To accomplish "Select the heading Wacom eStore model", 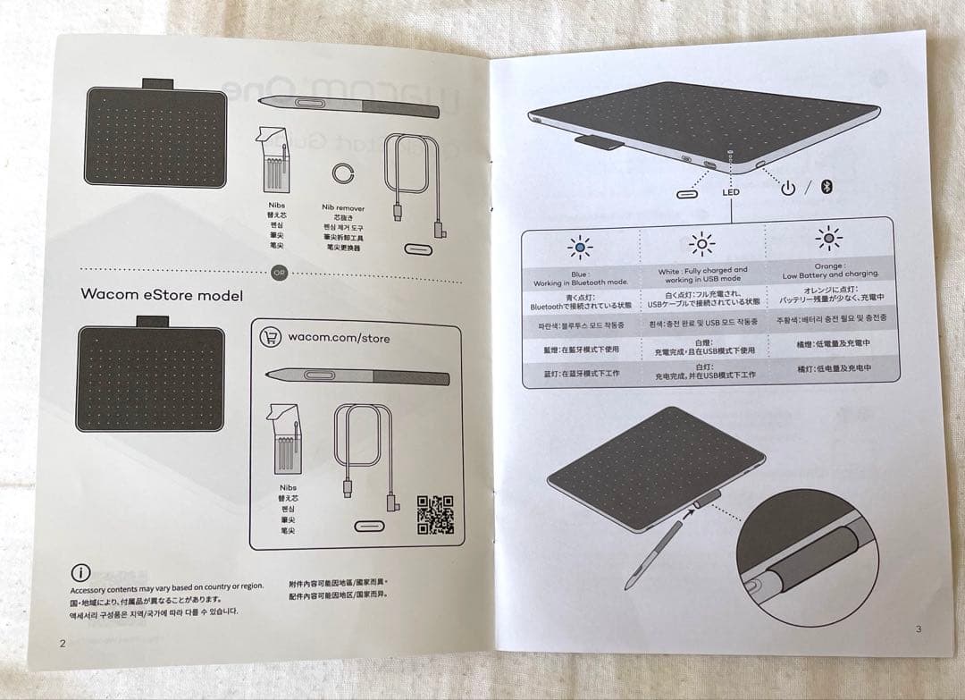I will coord(162,294).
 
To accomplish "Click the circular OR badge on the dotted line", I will coord(280,273).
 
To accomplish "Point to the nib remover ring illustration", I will coord(342,173).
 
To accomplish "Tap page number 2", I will coord(62,643).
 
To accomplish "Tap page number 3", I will coord(918,629).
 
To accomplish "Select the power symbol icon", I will coord(787,188).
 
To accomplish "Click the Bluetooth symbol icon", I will coord(827,187).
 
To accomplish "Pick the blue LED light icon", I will coord(580,247).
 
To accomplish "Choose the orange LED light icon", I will coord(828,240).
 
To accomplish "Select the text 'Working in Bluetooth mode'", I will coord(581,283).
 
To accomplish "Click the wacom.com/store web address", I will coord(339,338).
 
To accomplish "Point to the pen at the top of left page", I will coord(357,104).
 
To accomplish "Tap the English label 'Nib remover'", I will coord(343,207).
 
